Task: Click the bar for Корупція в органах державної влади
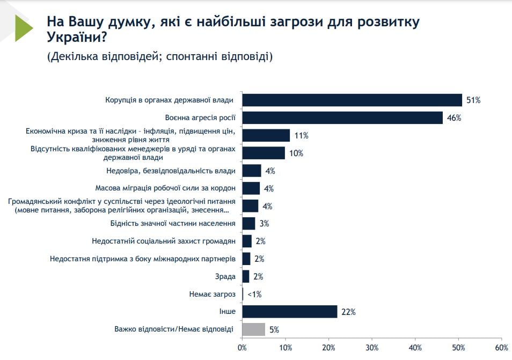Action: (352, 100)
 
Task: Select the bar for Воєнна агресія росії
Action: (342, 117)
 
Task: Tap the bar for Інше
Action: (290, 312)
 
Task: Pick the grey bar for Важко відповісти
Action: (254, 329)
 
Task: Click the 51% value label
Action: (473, 100)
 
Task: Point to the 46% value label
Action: (454, 118)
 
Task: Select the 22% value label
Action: (348, 312)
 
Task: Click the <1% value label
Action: (254, 295)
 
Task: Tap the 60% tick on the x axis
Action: (501, 347)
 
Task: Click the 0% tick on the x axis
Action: (242, 347)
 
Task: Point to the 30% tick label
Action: (372, 347)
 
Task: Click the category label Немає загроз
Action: (213, 294)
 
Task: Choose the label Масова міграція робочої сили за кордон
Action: (165, 188)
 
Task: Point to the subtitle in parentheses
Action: (160, 56)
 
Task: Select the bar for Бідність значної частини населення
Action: (249, 223)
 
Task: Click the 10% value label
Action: (296, 153)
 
